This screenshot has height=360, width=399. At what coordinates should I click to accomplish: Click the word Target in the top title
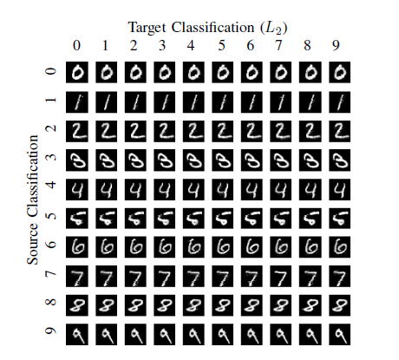point(147,28)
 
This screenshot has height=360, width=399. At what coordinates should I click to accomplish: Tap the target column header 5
point(221,45)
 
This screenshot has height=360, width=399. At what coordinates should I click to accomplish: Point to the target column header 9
point(336,45)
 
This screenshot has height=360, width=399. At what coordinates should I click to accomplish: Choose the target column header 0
point(76,45)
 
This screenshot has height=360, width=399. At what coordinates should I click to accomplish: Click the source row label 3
point(51,157)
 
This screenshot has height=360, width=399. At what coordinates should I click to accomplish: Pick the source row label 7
point(51,273)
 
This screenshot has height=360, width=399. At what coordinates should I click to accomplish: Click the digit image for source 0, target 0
point(77,72)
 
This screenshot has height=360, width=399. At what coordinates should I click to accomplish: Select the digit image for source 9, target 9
point(339,334)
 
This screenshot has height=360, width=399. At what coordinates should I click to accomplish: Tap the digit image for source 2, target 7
point(281,131)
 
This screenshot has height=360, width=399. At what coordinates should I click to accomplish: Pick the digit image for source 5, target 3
point(164,219)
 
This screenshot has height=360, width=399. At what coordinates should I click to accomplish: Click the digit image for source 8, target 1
point(106,305)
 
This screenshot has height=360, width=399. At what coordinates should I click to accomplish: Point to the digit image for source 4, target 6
point(252,189)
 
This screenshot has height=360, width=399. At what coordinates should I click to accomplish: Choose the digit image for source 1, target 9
point(339,102)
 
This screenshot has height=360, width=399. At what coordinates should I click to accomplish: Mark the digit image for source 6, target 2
point(135,247)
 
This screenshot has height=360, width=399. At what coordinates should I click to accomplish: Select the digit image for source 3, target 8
point(310,160)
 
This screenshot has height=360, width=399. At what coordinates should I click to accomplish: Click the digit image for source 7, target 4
point(193,276)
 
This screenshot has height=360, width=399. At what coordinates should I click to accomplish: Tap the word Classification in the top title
point(213,28)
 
